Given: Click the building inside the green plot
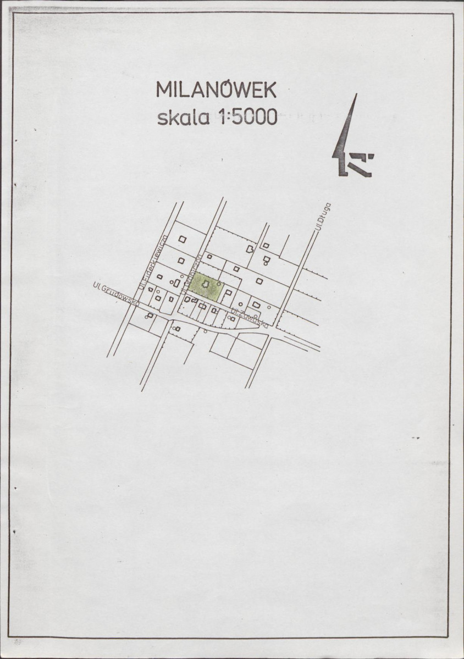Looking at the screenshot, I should click(x=206, y=284).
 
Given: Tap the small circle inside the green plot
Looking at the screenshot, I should click(x=219, y=283).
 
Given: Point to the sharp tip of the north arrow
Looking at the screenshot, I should click(x=356, y=95).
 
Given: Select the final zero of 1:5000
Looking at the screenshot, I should click(x=270, y=117).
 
